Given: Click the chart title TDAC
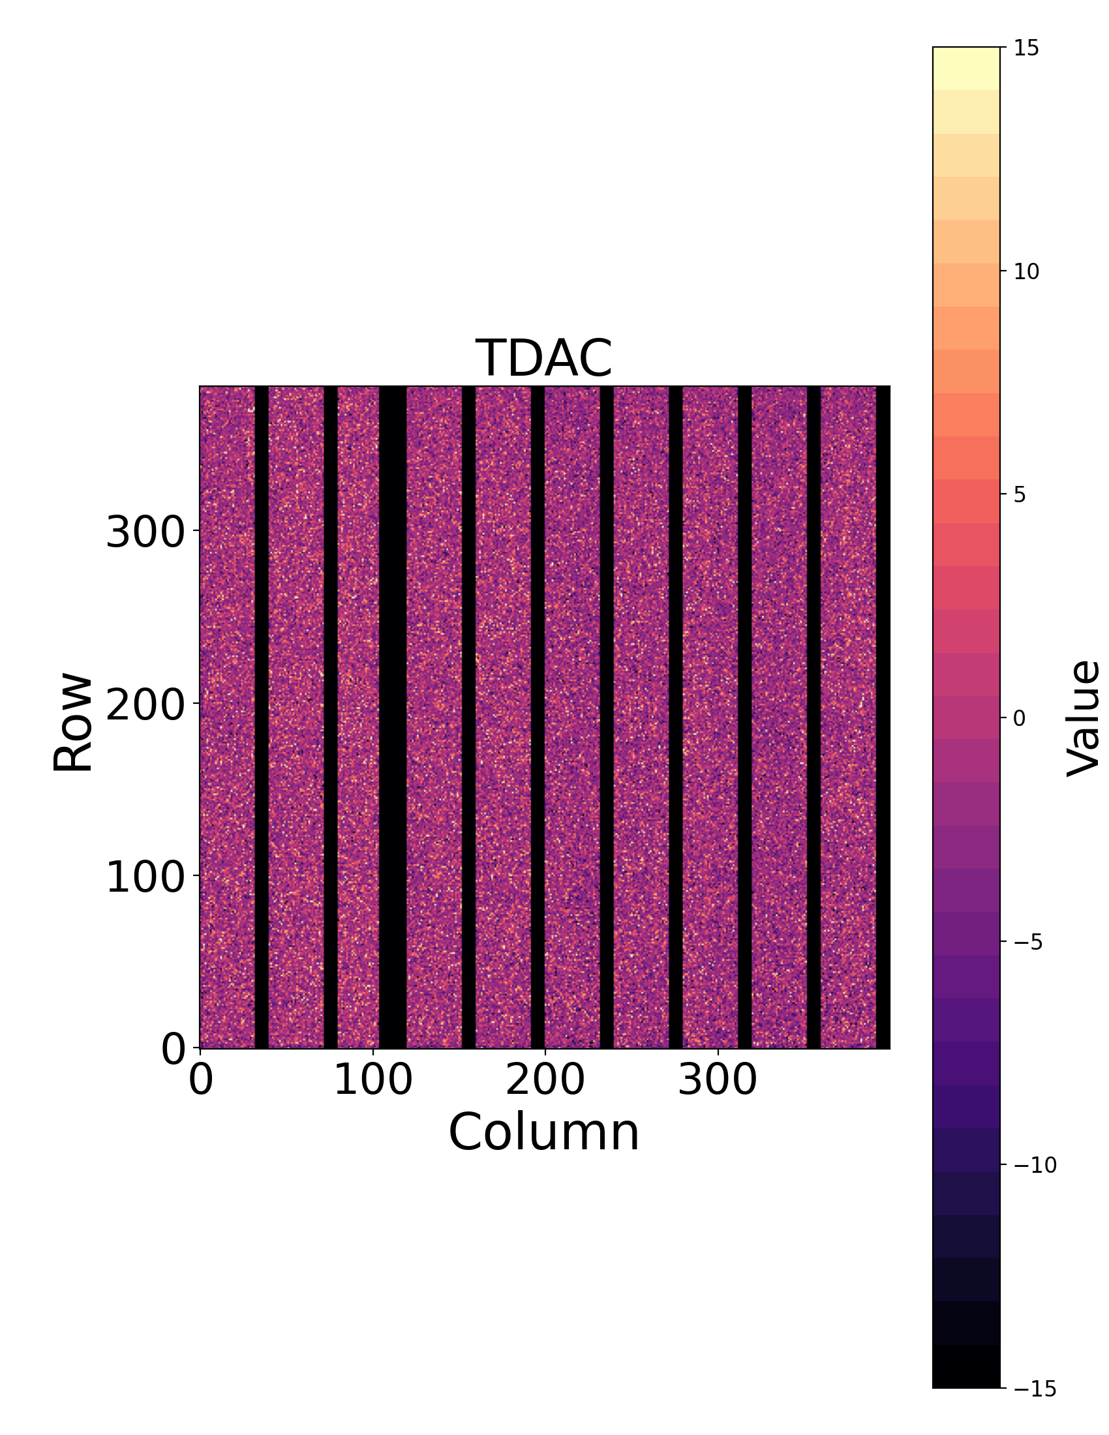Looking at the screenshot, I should tap(543, 359).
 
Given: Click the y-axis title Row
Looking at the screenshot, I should tap(73, 722).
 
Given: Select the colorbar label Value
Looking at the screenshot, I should tap(1083, 718).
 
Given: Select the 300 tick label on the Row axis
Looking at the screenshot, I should tap(145, 532).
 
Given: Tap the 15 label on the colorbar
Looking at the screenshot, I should tap(1025, 48).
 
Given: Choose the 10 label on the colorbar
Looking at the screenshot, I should tap(1026, 271).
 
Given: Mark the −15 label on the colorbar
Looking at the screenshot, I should tap(1035, 1389).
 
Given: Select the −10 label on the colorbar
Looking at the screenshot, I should tap(1035, 1166).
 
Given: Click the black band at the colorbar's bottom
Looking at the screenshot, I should tap(965, 1367).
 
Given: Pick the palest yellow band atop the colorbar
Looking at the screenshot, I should tap(965, 68).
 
